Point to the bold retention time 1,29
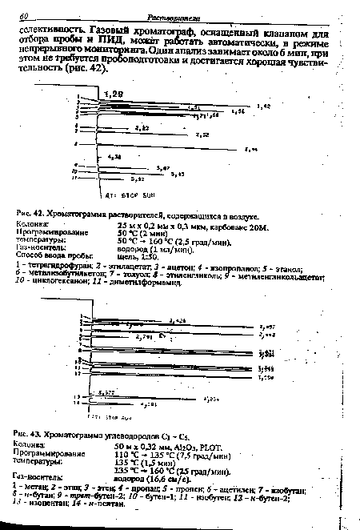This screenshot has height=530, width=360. point(110,95)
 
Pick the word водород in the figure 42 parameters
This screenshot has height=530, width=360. point(135,247)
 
